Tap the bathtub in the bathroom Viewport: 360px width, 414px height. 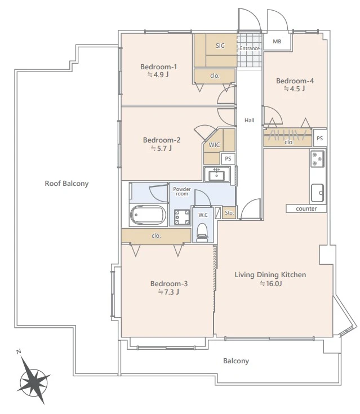[148, 215]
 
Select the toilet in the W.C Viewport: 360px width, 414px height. [203, 232]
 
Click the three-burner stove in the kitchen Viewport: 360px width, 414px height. [317, 159]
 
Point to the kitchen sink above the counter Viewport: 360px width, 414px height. [317, 193]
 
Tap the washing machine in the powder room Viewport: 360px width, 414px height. [182, 217]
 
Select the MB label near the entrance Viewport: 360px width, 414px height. [277, 42]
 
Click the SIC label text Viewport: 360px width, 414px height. [220, 46]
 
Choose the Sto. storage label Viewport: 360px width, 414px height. [229, 212]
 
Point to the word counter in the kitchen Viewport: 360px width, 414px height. [306, 208]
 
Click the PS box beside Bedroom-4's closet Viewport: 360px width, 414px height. [320, 138]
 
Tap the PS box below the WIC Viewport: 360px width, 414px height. [228, 159]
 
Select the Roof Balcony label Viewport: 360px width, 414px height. [66, 184]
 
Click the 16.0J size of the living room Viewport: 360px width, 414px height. [271, 283]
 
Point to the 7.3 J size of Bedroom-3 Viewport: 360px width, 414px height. [168, 292]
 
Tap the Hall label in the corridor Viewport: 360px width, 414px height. [250, 121]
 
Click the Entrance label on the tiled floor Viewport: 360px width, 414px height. [250, 48]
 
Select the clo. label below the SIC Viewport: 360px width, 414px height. [215, 76]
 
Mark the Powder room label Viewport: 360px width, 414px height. [182, 191]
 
